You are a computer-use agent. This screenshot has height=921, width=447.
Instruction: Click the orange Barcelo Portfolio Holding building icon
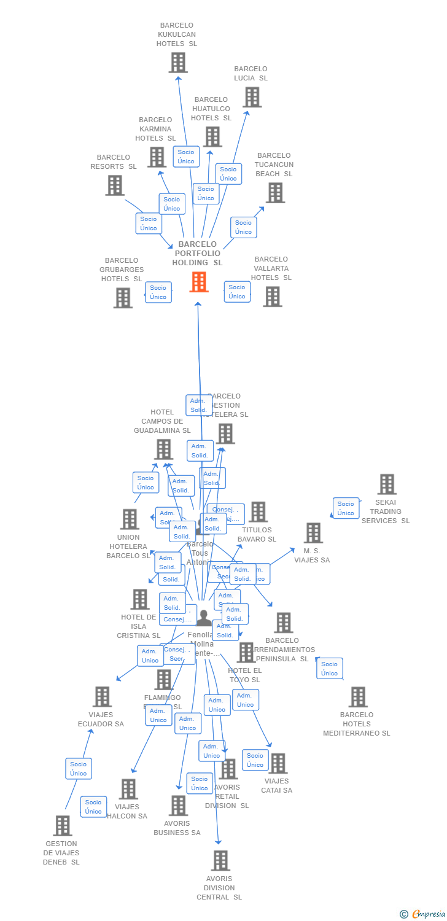(x=199, y=282)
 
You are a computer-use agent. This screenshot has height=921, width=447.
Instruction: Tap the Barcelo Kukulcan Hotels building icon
(x=178, y=63)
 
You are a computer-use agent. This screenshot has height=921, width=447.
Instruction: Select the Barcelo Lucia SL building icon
(x=252, y=97)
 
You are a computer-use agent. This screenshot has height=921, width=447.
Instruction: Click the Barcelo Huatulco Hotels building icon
(x=212, y=137)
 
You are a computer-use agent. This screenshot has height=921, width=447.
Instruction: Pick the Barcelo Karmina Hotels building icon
(x=157, y=157)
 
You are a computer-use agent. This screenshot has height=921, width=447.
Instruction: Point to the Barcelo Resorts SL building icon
(x=115, y=185)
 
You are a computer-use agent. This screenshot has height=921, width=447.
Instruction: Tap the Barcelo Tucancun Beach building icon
(x=275, y=193)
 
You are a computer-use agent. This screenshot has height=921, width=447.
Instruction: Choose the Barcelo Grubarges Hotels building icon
(x=123, y=298)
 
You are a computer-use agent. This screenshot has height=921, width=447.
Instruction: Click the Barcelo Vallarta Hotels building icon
(x=272, y=297)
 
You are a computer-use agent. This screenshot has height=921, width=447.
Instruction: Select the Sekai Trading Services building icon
(x=387, y=484)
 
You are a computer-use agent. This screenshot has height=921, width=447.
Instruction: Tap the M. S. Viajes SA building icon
(x=313, y=533)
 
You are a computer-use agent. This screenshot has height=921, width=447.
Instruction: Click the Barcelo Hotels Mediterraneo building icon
(x=358, y=697)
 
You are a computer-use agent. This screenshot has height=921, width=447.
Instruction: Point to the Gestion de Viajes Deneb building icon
(x=63, y=826)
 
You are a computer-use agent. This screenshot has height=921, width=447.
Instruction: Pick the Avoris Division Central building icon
(x=220, y=861)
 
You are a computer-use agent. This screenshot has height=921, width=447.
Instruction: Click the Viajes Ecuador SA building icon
(x=102, y=697)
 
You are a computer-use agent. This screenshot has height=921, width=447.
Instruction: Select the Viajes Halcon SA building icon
(x=128, y=789)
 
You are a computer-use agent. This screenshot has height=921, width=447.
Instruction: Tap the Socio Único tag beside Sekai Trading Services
(x=346, y=508)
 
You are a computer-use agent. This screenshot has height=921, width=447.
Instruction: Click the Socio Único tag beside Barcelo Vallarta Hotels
(x=237, y=292)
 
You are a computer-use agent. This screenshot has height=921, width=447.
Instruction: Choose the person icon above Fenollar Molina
(x=204, y=618)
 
